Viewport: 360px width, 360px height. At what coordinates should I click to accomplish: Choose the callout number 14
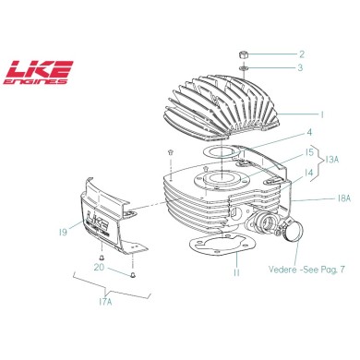[x=309, y=172]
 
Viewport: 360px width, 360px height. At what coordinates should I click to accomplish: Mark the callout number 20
[x=98, y=267]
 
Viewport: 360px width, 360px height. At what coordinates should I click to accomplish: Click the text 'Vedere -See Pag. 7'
[x=306, y=269]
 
